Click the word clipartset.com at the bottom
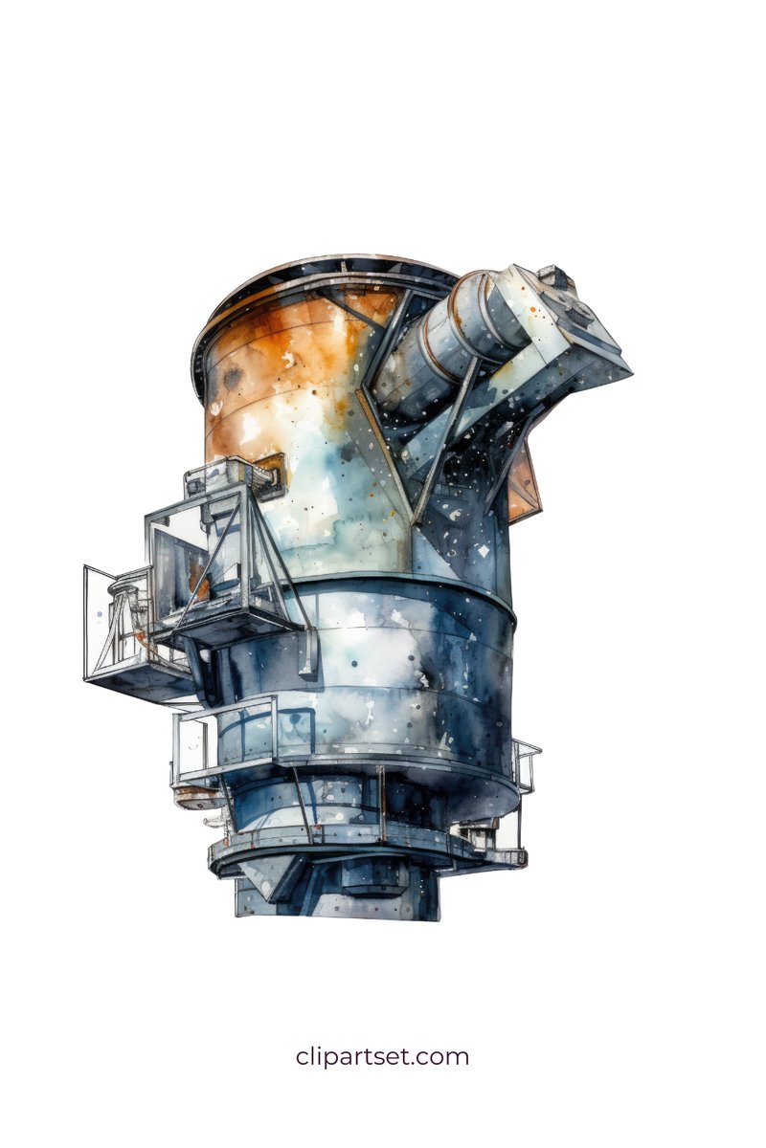pyautogui.click(x=382, y=1057)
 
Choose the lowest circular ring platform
pyautogui.click(x=364, y=847)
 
